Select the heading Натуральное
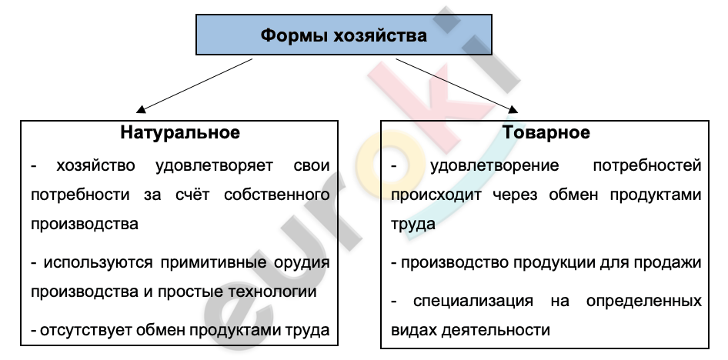180,132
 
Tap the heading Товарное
546,132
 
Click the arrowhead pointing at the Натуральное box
141,109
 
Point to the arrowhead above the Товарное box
513,109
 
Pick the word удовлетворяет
215,166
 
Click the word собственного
277,195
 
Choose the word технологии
273,292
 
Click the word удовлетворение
495,166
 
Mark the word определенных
644,302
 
